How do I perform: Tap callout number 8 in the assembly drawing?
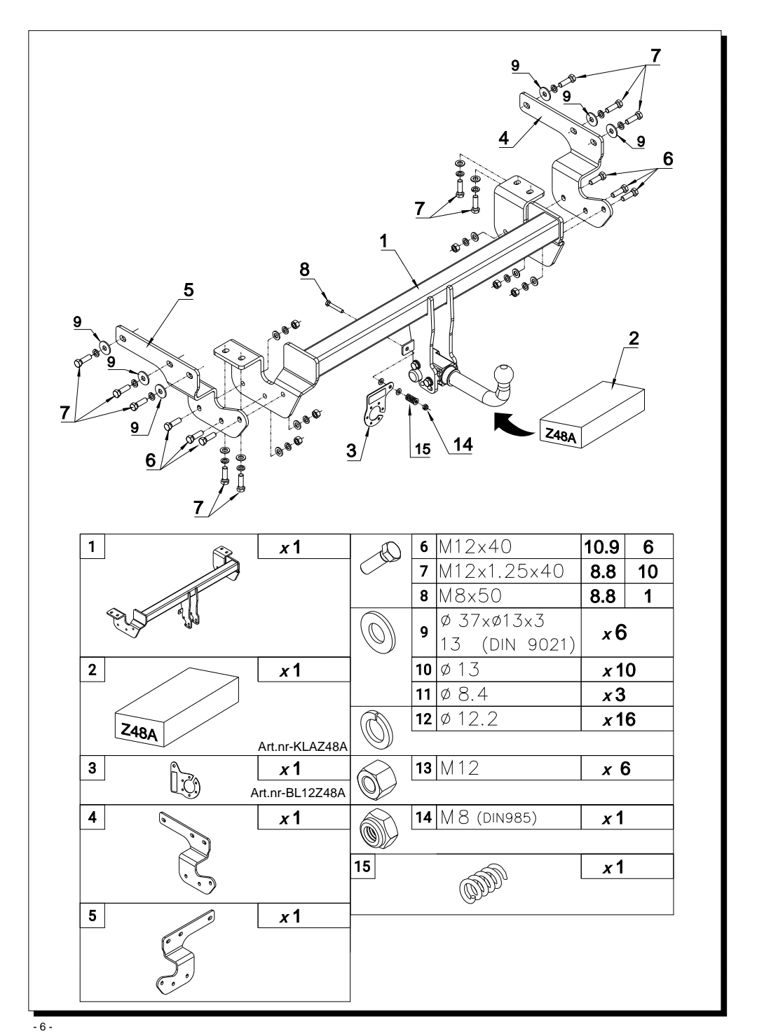coord(304,269)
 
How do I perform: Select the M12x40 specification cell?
coord(475,546)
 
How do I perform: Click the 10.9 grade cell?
coord(601,547)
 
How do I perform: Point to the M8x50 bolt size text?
coord(470,595)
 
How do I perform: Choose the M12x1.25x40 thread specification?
coord(501,571)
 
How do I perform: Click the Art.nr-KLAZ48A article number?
coord(303,747)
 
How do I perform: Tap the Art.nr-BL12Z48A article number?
coord(298,793)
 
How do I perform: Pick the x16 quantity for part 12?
coord(619,719)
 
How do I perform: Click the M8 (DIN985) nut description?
coord(488,818)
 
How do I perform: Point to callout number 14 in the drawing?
coord(463,444)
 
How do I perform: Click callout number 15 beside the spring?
coord(423,449)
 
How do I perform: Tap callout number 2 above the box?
coord(634,338)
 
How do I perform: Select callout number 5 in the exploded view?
coord(189,290)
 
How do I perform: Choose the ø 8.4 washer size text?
coord(464,695)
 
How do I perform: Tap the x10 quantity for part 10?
coord(619,670)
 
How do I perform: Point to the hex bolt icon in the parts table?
coord(376,558)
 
